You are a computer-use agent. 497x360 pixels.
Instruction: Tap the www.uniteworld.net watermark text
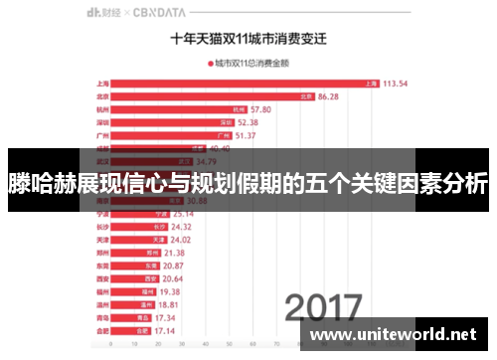pos(397,334)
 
